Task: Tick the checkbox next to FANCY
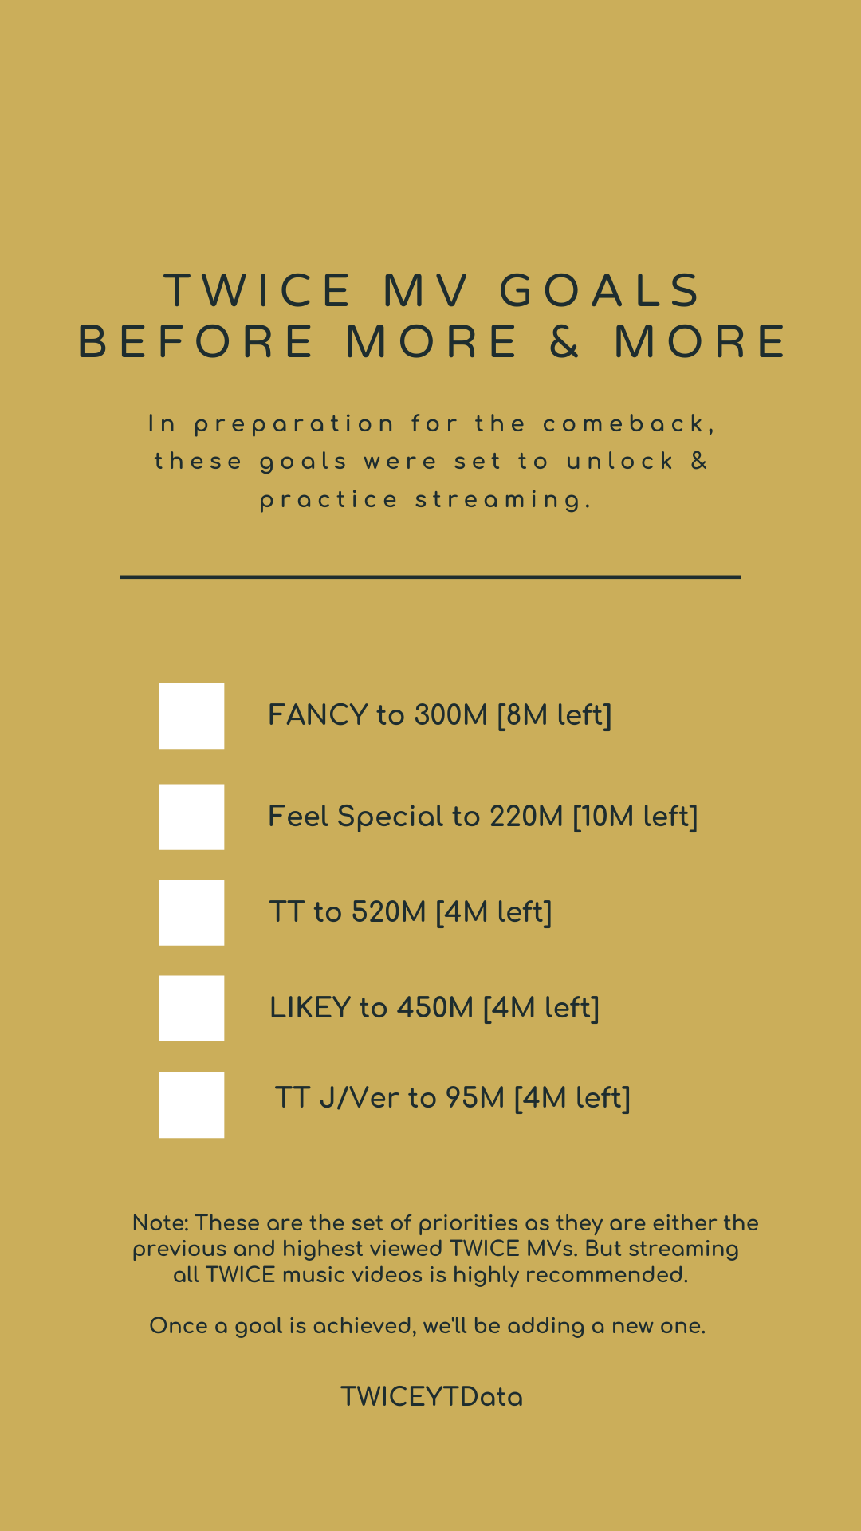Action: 191,716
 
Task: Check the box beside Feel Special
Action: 191,817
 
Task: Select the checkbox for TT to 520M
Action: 191,912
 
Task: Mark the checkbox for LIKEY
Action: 191,1008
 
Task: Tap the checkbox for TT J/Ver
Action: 191,1104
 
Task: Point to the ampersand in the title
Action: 565,342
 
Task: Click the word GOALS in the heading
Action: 600,290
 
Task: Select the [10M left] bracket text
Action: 635,817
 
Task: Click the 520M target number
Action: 389,912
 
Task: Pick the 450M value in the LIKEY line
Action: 435,1008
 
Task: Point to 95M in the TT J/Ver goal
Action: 475,1098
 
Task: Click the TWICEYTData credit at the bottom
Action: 431,1397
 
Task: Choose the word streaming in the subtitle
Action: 504,500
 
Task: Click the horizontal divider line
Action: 431,577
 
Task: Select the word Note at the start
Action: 159,1223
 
